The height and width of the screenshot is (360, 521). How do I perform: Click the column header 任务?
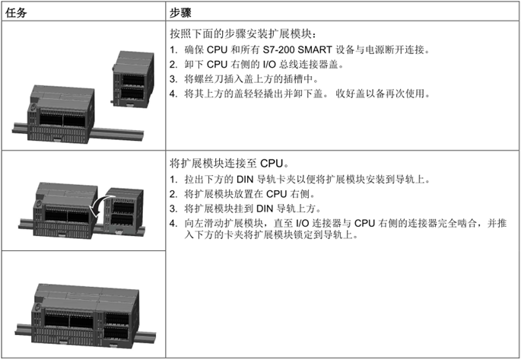click(x=16, y=13)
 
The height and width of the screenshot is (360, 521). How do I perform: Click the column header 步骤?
click(x=180, y=13)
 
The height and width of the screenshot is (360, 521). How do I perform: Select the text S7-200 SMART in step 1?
click(x=297, y=50)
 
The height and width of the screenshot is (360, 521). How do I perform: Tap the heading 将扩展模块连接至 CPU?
click(x=227, y=163)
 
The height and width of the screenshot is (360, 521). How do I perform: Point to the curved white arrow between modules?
click(x=100, y=205)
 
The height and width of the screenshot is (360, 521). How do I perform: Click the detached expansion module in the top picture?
click(x=133, y=79)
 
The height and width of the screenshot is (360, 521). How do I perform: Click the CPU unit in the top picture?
click(x=61, y=114)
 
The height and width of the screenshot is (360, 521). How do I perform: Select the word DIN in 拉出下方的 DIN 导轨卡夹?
click(x=245, y=180)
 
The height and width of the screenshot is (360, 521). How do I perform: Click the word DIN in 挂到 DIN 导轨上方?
click(x=265, y=209)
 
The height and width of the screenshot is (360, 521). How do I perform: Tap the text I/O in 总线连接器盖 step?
click(x=269, y=65)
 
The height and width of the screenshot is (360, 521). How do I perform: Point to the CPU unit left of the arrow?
click(x=65, y=210)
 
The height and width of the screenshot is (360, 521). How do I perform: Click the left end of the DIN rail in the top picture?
click(x=14, y=128)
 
